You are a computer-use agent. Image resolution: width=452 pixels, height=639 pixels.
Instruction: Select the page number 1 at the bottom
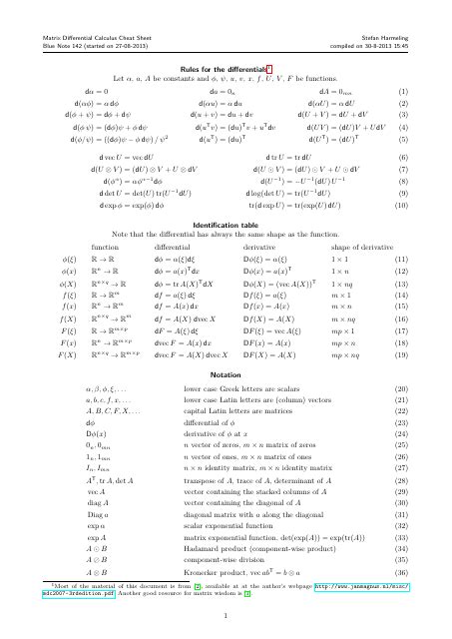click(x=226, y=626)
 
